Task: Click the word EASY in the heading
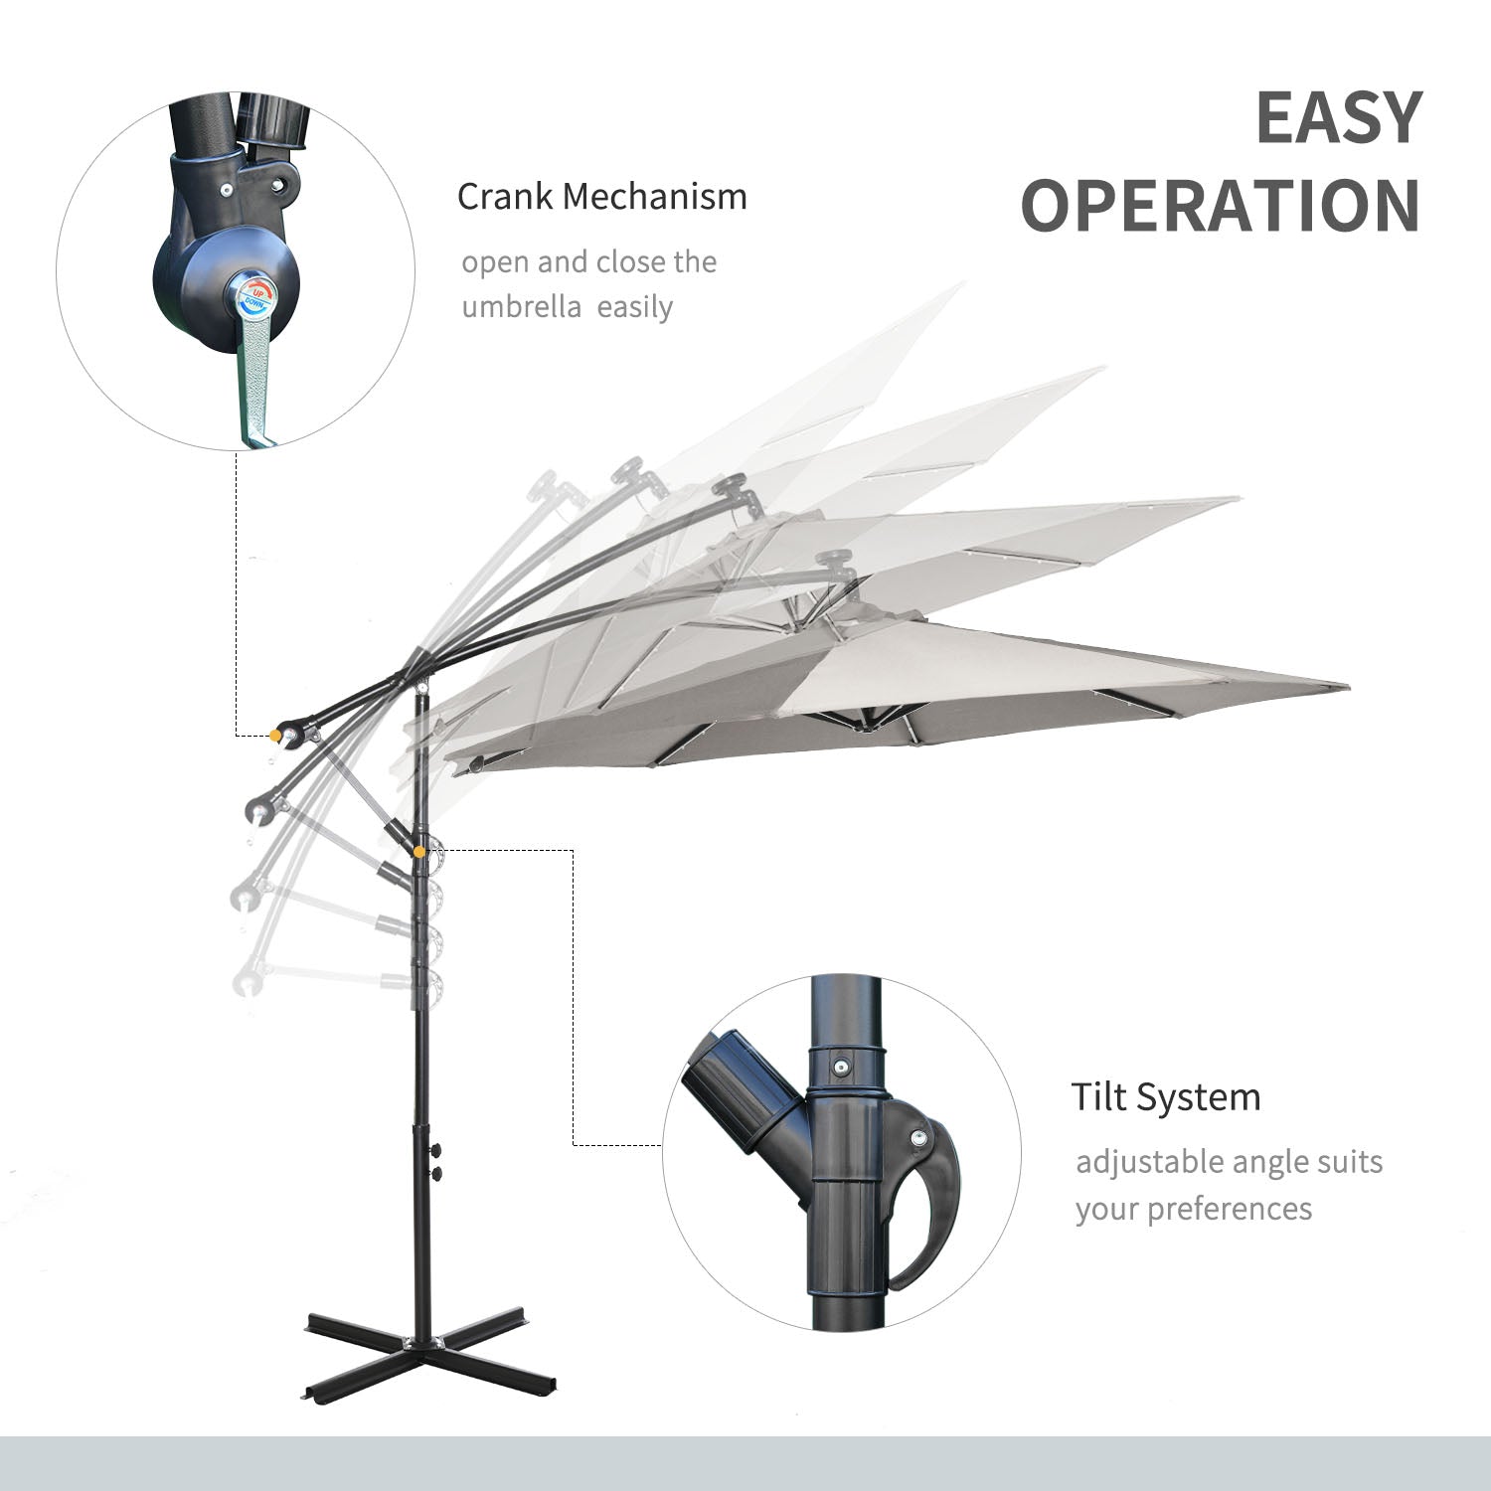pos(1339,117)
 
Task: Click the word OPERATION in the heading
pos(1221,206)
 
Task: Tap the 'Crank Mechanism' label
pos(601,197)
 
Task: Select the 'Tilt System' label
pos(1166,1097)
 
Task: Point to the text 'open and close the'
pos(588,262)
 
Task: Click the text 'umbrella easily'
pos(567,307)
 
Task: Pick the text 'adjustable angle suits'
pos(1229,1161)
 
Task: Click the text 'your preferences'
pos(1193,1209)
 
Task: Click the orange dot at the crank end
pos(273,736)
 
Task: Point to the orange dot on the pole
pos(420,851)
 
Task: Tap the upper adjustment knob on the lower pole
pos(434,1151)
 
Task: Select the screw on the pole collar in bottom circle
pos(841,1068)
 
